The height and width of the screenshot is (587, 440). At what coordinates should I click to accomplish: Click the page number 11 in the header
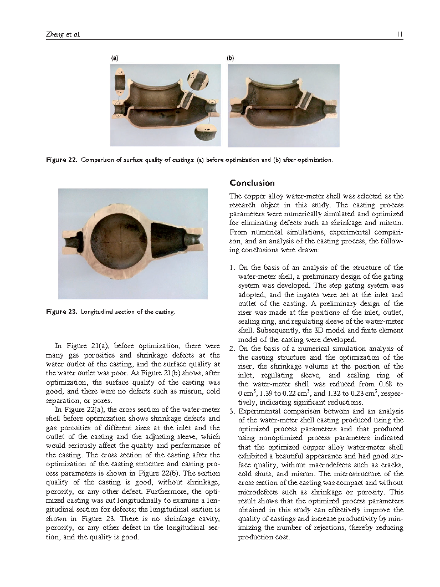pyautogui.click(x=400, y=34)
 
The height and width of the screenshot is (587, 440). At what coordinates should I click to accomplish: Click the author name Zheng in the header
pyautogui.click(x=53, y=34)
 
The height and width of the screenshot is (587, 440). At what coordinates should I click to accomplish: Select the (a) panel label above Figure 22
pyautogui.click(x=114, y=58)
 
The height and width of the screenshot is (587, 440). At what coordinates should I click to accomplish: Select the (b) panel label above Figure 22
pyautogui.click(x=231, y=58)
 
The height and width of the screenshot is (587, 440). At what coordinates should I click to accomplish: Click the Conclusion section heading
pyautogui.click(x=252, y=183)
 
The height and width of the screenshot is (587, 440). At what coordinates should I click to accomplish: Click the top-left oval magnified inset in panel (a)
pyautogui.click(x=120, y=81)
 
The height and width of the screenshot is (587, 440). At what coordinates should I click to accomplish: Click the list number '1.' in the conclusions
pyautogui.click(x=233, y=268)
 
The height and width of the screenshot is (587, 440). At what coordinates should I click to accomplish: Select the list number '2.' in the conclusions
pyautogui.click(x=233, y=349)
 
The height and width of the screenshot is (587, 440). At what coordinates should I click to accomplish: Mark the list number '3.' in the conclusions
pyautogui.click(x=233, y=411)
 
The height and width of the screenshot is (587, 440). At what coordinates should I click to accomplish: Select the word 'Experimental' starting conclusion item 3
pyautogui.click(x=258, y=411)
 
